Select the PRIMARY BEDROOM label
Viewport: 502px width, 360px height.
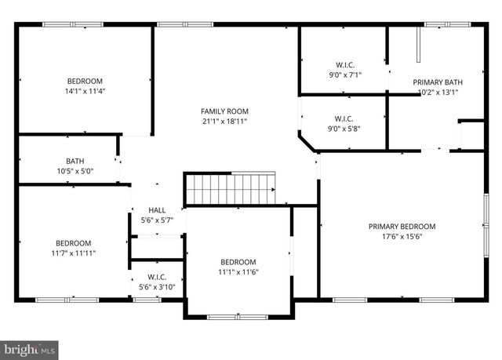pos(402,227)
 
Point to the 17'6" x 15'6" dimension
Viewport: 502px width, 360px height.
pos(402,237)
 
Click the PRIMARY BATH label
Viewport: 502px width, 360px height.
pos(435,82)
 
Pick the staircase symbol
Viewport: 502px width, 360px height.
pos(230,189)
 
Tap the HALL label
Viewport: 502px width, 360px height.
pos(157,210)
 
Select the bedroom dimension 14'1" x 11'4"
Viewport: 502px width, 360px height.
pos(85,91)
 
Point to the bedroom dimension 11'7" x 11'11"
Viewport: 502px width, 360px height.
pos(73,253)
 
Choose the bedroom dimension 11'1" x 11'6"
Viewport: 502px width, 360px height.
pos(238,272)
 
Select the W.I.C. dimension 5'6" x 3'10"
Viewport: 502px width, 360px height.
pos(157,287)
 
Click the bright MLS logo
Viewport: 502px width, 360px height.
pos(30,347)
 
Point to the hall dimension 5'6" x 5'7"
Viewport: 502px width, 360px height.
pos(157,220)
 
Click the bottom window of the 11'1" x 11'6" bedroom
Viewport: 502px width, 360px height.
pos(237,317)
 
